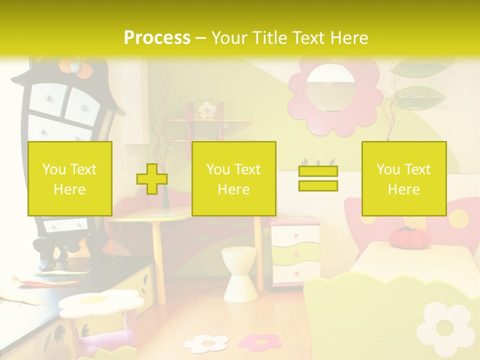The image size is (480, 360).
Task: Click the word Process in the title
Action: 157,38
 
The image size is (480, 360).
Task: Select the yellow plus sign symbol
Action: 152,178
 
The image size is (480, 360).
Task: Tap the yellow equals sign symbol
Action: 318,178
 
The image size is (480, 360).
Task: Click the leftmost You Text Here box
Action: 69,178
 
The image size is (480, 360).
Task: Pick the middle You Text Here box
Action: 233,178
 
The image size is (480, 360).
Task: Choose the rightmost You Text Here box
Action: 403,178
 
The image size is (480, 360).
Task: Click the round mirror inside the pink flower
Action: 330,88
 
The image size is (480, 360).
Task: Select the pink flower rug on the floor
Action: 259,341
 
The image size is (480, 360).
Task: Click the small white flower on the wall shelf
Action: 206,109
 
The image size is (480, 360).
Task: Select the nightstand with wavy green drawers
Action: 295,255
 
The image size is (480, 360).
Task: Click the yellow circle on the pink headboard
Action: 457,217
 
